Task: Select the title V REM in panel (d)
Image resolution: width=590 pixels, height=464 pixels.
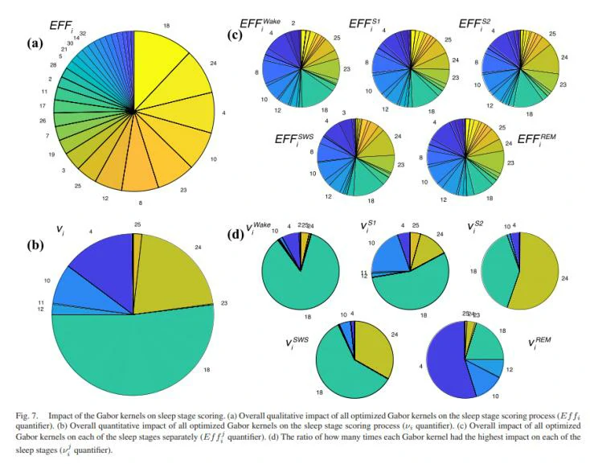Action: pyautogui.click(x=543, y=343)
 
